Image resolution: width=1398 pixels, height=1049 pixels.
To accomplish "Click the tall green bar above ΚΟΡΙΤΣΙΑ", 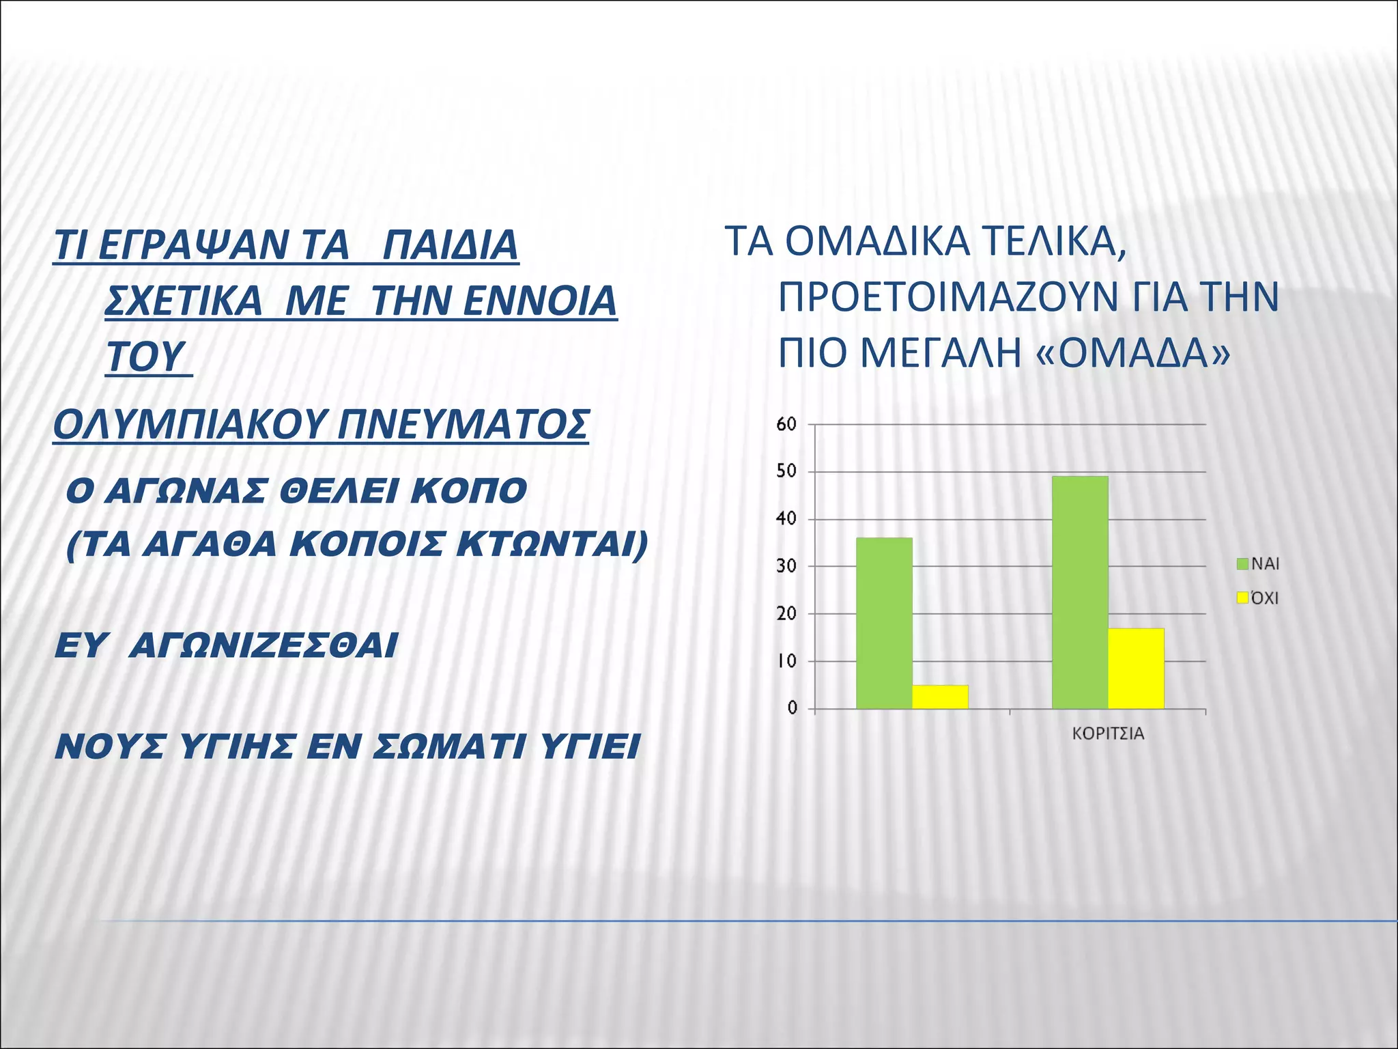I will click(1079, 592).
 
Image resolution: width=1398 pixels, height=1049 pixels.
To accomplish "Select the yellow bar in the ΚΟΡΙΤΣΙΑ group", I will click(1136, 668).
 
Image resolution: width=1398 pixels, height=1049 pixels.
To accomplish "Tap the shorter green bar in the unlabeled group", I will click(884, 623).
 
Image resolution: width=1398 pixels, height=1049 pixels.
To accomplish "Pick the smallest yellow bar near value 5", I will click(940, 697).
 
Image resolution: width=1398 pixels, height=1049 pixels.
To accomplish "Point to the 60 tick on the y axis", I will click(786, 424).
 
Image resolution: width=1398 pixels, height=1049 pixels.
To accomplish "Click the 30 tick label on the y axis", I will click(786, 566).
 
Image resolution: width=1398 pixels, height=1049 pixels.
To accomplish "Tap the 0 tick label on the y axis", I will click(792, 708).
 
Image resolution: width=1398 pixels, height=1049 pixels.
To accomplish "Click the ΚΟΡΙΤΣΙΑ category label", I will click(1108, 734).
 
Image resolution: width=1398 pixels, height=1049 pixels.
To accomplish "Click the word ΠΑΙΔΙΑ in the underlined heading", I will click(451, 245).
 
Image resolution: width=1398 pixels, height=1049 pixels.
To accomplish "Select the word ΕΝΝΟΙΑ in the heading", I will click(539, 301).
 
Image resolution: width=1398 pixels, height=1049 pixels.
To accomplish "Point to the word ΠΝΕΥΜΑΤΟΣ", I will click(464, 425).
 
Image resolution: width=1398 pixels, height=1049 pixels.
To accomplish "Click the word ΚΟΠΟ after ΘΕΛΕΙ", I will click(468, 490).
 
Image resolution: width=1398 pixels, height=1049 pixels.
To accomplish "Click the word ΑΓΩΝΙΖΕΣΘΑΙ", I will click(263, 645).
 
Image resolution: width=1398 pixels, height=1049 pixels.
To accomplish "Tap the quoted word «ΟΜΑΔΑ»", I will click(1134, 353).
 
